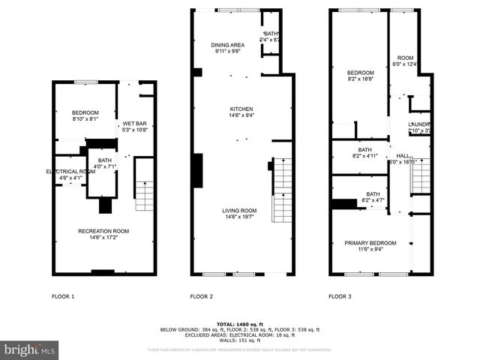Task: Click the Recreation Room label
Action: click(x=103, y=231)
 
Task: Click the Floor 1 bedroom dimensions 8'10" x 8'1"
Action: click(x=85, y=118)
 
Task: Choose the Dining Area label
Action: click(x=226, y=45)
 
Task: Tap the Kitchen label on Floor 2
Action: click(x=241, y=109)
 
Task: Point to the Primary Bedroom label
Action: click(x=369, y=243)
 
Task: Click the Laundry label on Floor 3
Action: click(x=418, y=124)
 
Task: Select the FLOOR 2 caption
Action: click(x=202, y=296)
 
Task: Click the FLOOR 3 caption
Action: click(x=340, y=296)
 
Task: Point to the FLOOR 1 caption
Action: click(x=63, y=296)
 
